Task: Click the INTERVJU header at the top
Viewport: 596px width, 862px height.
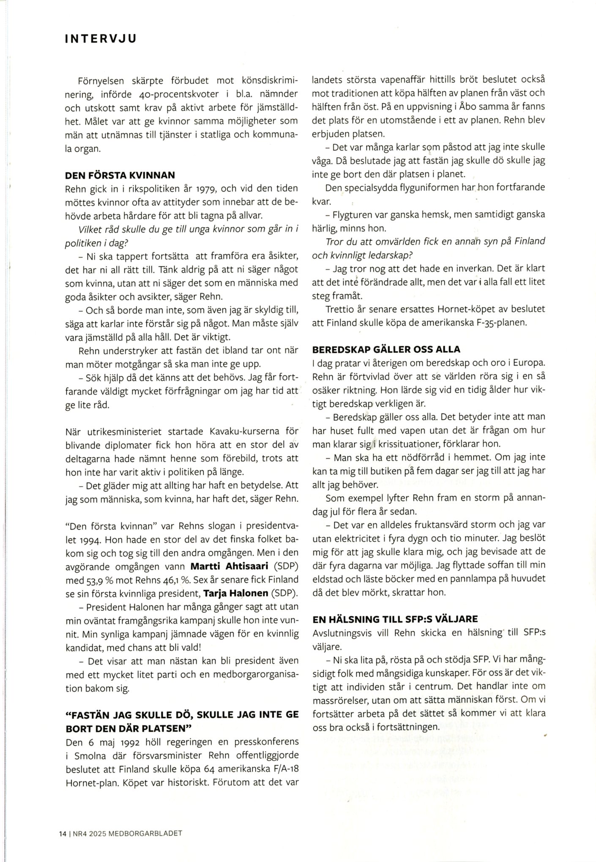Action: (101, 39)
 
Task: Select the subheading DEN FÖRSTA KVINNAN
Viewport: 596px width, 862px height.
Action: (120, 175)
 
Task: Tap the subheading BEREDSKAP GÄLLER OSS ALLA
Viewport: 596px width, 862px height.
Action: (386, 349)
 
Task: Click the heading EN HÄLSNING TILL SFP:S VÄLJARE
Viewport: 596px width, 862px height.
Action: (395, 619)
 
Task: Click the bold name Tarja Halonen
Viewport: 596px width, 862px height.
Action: (236, 593)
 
